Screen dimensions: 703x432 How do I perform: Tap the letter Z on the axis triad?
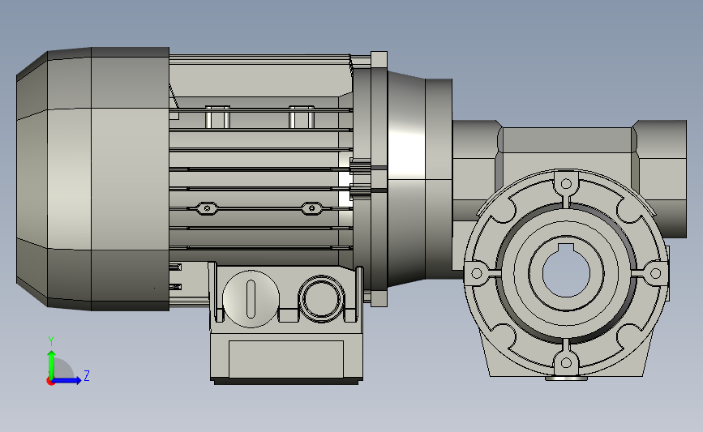click(87, 375)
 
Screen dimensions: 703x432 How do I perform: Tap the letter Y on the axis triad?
click(51, 341)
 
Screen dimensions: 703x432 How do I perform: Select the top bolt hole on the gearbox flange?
click(566, 184)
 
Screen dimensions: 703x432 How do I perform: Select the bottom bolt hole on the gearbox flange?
click(566, 362)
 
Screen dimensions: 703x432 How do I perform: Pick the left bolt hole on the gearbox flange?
click(477, 273)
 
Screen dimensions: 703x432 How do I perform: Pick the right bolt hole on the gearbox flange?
click(655, 273)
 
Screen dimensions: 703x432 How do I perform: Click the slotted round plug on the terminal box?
click(251, 299)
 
